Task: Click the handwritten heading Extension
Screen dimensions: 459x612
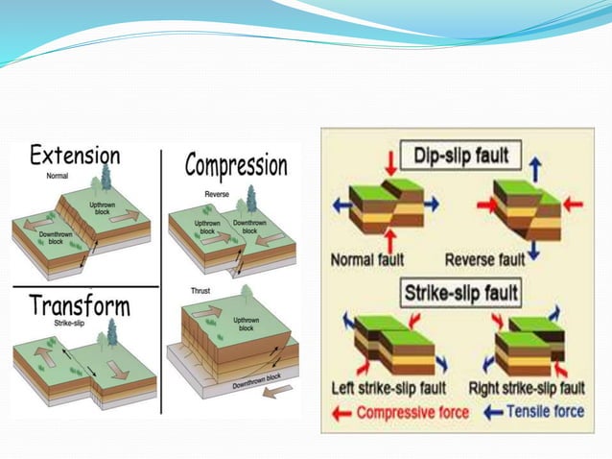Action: pyautogui.click(x=74, y=157)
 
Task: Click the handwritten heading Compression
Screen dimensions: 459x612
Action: pyautogui.click(x=235, y=166)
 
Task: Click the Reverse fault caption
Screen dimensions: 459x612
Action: pyautogui.click(x=484, y=258)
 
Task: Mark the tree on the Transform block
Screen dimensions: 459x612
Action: pyautogui.click(x=111, y=331)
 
